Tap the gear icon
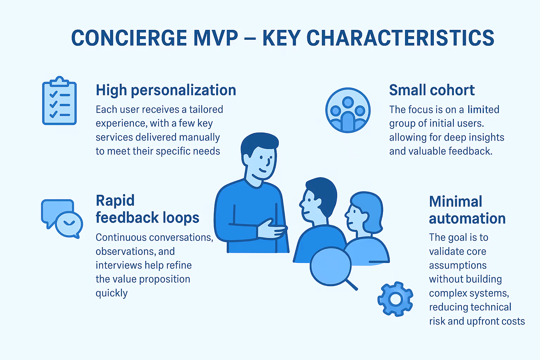click(x=395, y=299)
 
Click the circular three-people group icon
click(x=348, y=110)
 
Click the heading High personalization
click(x=166, y=90)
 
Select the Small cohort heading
click(x=432, y=90)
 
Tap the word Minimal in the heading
click(x=455, y=202)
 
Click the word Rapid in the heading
click(x=115, y=201)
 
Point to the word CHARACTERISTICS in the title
click(x=400, y=38)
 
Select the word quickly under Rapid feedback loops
click(x=111, y=293)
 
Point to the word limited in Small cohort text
click(x=483, y=110)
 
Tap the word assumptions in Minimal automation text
click(x=458, y=265)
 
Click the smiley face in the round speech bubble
click(x=69, y=223)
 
